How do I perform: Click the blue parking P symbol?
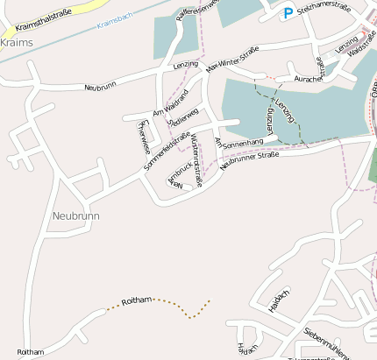(288, 13)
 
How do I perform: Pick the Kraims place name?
(16, 42)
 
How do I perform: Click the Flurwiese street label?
(143, 136)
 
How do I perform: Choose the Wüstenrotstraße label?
(196, 158)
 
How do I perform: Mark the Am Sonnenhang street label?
(238, 142)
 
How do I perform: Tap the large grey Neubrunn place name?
(75, 215)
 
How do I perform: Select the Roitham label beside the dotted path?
(137, 300)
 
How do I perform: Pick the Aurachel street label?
(308, 79)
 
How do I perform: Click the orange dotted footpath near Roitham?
(180, 309)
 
